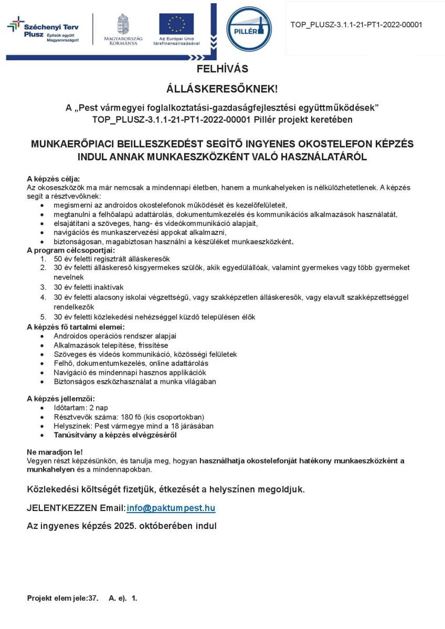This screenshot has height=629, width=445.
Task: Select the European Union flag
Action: (x=176, y=24)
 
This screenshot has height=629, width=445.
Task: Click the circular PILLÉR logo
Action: (x=249, y=29)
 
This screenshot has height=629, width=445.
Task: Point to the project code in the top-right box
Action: (x=356, y=25)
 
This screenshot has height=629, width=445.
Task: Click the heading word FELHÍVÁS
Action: (x=222, y=69)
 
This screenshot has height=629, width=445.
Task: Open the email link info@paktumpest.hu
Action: (x=171, y=508)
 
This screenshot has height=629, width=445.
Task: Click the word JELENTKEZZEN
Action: (x=62, y=508)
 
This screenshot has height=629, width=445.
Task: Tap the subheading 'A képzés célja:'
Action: (x=53, y=179)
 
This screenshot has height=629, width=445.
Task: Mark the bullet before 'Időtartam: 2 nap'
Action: (x=42, y=408)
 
